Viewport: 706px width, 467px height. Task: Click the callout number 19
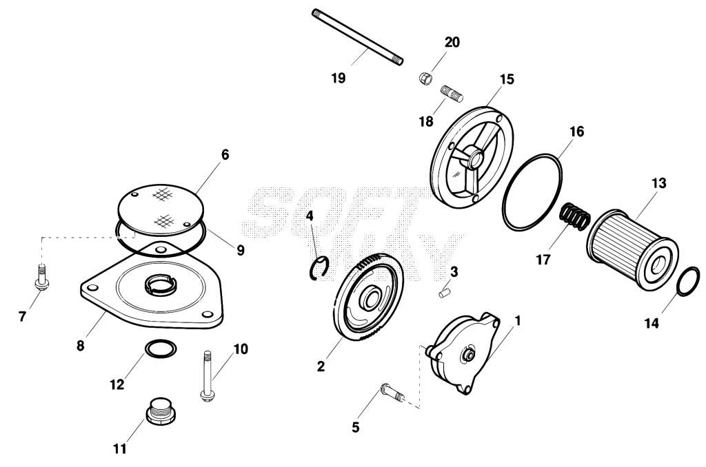coord(338,79)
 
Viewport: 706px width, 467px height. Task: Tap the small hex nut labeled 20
coord(425,79)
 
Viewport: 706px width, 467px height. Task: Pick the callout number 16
coord(576,132)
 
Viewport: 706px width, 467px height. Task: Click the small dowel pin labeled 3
coord(445,294)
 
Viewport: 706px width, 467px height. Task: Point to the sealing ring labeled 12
coord(161,349)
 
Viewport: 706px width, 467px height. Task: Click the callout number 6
coord(225,155)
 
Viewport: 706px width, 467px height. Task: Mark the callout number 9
coord(241,250)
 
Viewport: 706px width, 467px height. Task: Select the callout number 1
coord(517,321)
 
